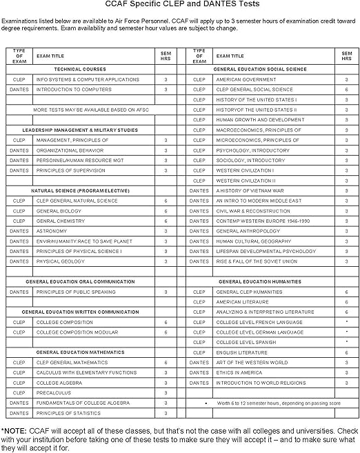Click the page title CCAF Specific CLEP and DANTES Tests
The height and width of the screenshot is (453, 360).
180,6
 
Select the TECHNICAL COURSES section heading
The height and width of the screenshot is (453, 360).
80,69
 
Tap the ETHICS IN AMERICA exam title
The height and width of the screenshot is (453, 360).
239,372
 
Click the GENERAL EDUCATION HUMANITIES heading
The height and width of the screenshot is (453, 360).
259,281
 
